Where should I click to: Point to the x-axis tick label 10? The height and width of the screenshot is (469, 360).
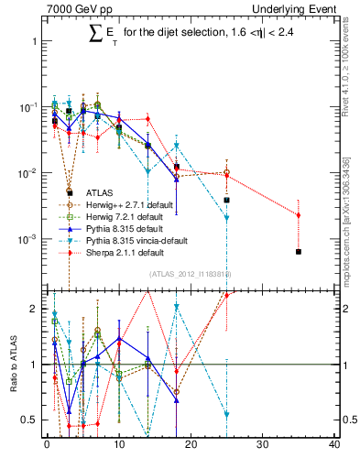pos(118,445)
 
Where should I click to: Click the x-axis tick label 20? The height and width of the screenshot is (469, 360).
pos(190,445)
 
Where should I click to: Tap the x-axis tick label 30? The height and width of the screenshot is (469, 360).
pos(262,445)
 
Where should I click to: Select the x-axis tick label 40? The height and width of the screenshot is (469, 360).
pos(333,445)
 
